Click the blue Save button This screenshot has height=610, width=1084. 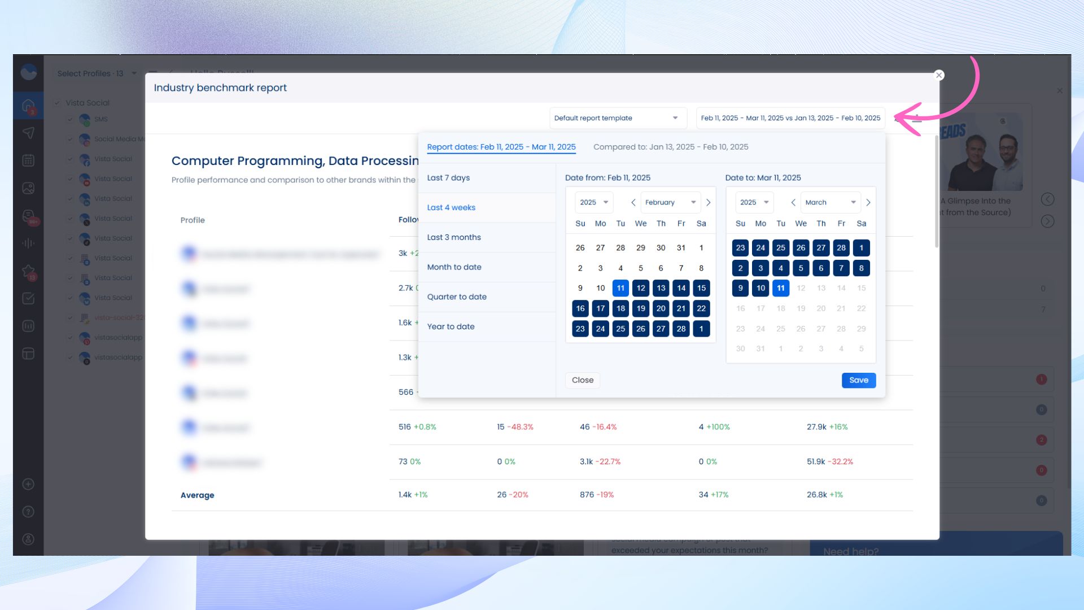click(x=858, y=380)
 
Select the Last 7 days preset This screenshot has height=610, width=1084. click(x=448, y=178)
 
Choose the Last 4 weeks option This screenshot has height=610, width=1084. click(x=451, y=208)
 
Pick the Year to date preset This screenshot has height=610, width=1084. click(x=451, y=326)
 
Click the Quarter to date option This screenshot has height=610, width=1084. click(x=456, y=297)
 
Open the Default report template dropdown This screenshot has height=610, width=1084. click(x=618, y=118)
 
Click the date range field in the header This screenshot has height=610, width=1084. click(x=790, y=118)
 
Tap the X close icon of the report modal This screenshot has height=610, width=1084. click(x=939, y=75)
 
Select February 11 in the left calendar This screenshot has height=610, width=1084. click(x=620, y=288)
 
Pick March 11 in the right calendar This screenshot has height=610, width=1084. click(x=780, y=288)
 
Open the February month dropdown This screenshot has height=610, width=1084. click(x=670, y=202)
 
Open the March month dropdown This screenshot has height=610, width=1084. click(x=830, y=202)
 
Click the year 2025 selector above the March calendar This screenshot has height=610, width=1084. click(x=754, y=202)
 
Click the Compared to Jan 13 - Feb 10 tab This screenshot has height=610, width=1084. click(x=670, y=147)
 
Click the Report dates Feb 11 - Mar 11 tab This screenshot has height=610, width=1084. click(x=501, y=147)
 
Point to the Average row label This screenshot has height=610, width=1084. click(x=197, y=495)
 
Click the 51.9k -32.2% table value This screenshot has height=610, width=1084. click(x=829, y=461)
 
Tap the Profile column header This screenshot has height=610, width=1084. click(x=193, y=220)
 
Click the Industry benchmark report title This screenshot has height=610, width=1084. click(x=220, y=88)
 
